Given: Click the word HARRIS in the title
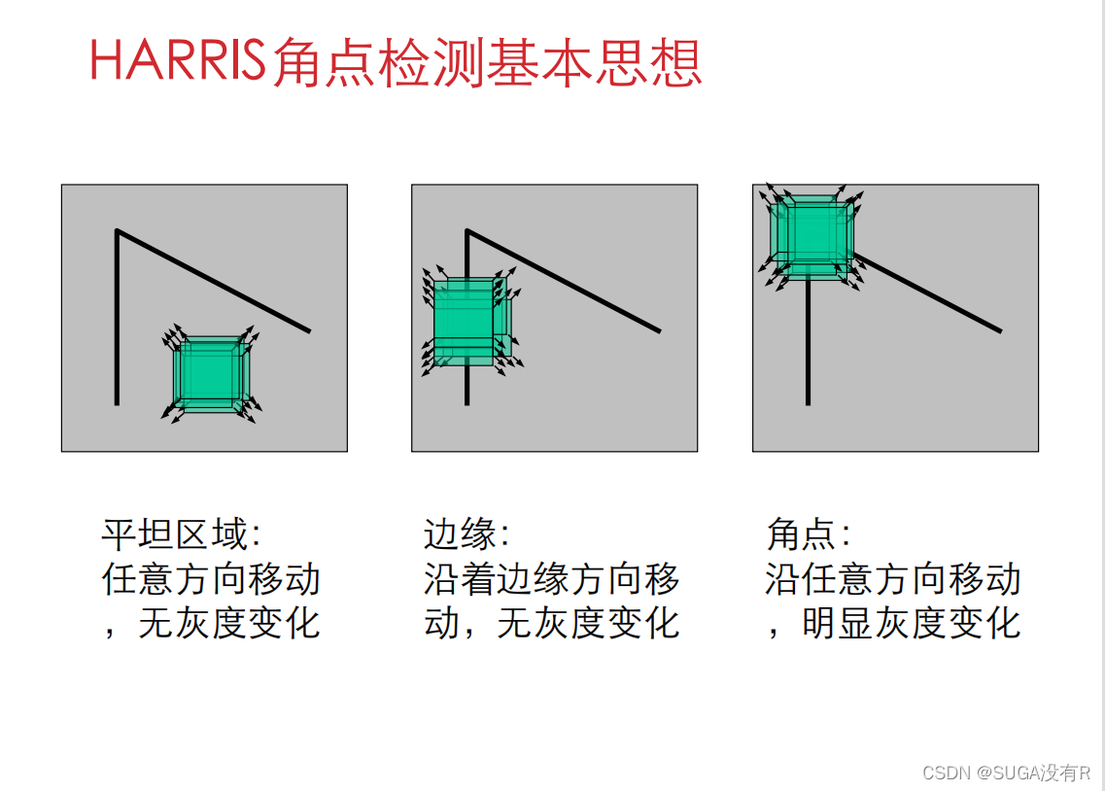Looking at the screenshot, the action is point(178,60).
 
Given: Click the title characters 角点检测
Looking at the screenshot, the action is point(378,62).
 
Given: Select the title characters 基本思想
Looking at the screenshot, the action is point(594,62).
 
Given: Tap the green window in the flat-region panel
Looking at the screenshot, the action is point(210,373).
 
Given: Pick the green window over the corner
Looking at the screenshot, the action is point(811,237).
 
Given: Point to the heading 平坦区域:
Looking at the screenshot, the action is point(182,533).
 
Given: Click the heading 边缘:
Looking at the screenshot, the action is point(466,533).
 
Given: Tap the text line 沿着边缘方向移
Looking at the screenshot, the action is point(552,579).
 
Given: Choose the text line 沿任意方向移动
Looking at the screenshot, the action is point(893,579).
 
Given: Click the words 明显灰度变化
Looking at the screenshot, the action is point(912,623).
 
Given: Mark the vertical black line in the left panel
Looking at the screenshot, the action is point(117,317).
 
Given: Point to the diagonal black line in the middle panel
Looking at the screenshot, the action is point(563,280).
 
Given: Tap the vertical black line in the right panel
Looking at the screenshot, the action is point(809,343).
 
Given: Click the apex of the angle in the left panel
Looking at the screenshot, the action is point(117,230).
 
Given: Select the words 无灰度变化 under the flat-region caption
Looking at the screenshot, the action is point(229,623).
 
